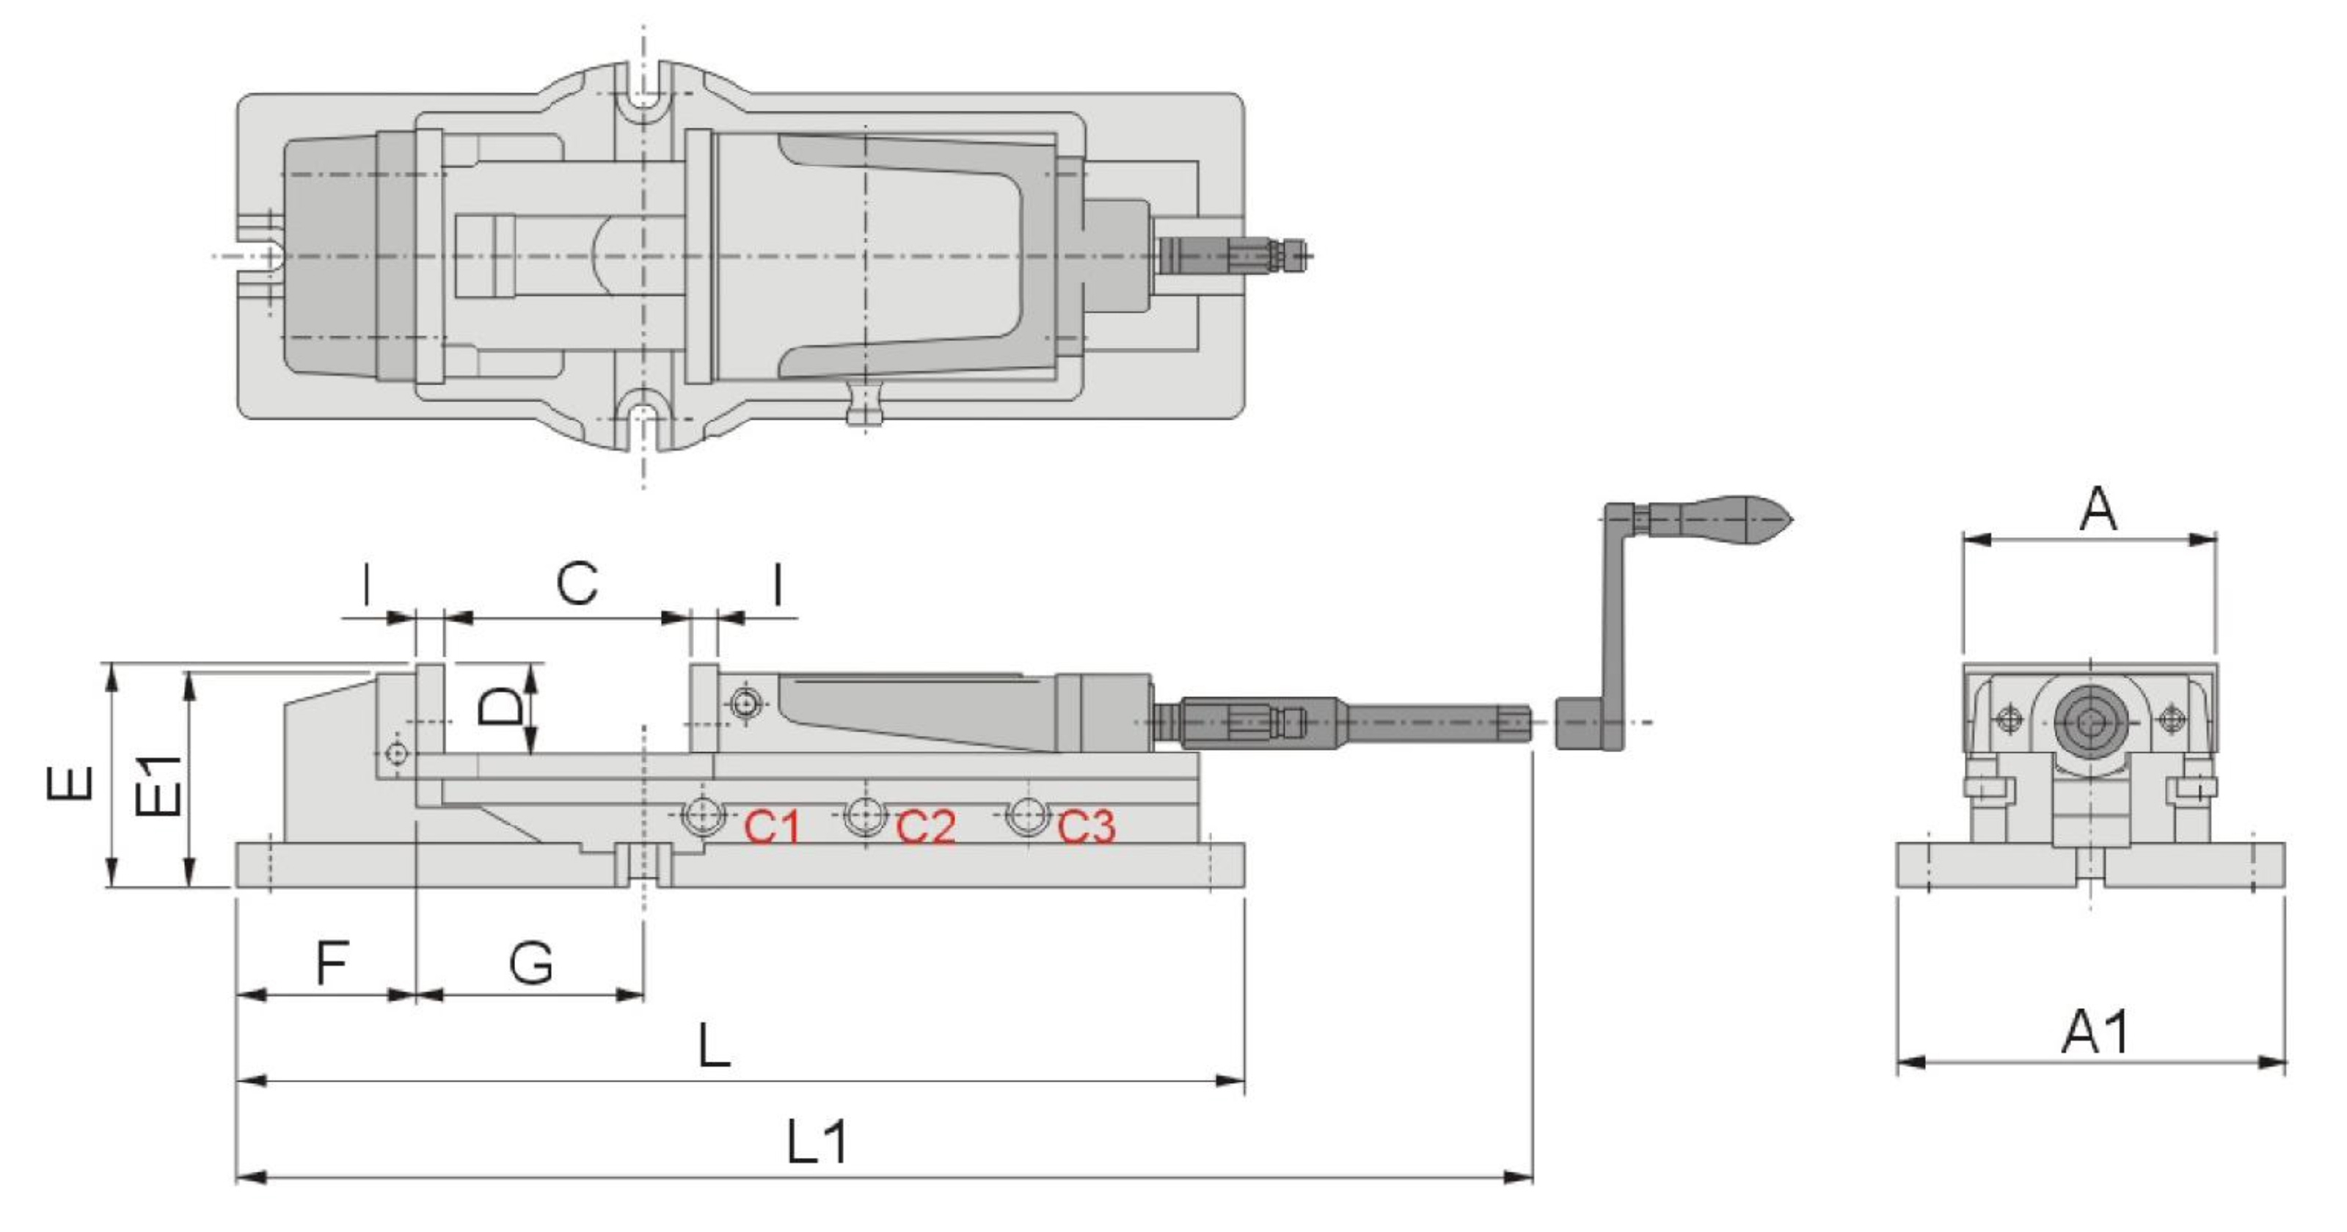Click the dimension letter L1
[817, 1142]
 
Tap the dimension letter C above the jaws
[577, 583]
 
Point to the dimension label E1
[158, 785]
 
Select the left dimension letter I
[366, 583]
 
